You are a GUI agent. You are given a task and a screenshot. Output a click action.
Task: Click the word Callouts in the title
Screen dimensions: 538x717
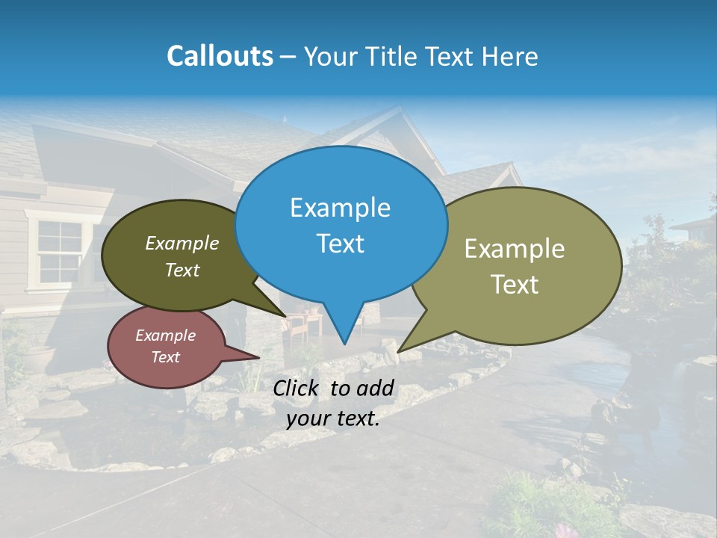click(220, 56)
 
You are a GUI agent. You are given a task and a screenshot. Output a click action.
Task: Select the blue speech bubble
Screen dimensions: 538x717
click(341, 224)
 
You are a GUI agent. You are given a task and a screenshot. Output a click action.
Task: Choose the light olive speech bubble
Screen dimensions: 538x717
click(523, 265)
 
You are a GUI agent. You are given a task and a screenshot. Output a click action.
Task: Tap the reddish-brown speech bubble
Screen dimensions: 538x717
click(166, 346)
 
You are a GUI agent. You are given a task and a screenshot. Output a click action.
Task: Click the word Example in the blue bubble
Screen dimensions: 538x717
click(340, 207)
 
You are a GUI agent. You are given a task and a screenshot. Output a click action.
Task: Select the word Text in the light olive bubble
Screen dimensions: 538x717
click(514, 285)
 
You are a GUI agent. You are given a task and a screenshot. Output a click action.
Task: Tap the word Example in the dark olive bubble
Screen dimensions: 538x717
click(181, 243)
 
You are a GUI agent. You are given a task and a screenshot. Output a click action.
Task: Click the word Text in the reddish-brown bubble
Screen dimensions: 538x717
click(165, 357)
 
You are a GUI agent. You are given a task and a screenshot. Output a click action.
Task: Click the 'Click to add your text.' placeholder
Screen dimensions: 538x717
click(333, 403)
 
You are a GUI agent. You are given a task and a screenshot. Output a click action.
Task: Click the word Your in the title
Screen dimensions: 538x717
click(328, 56)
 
